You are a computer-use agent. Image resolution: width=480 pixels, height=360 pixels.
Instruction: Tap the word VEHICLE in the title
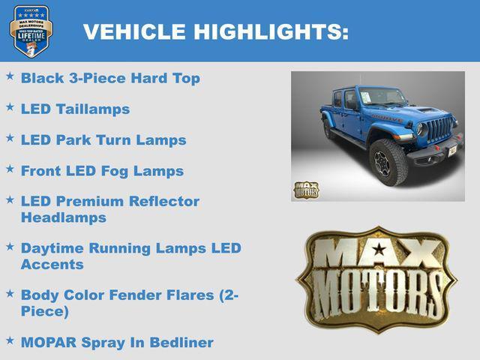(x=134, y=31)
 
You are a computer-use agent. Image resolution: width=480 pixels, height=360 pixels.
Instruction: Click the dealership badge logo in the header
(x=31, y=31)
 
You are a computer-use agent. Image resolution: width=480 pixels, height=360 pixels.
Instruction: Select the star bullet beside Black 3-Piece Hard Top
(x=10, y=76)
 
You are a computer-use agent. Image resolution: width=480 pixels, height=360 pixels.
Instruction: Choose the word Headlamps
(x=64, y=217)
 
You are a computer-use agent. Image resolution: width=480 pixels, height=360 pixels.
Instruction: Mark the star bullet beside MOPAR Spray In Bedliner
(x=10, y=340)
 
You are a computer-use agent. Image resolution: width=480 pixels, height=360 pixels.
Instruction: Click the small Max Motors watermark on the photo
(x=305, y=189)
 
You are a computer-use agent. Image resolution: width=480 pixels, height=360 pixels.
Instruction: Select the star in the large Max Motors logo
(x=379, y=250)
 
